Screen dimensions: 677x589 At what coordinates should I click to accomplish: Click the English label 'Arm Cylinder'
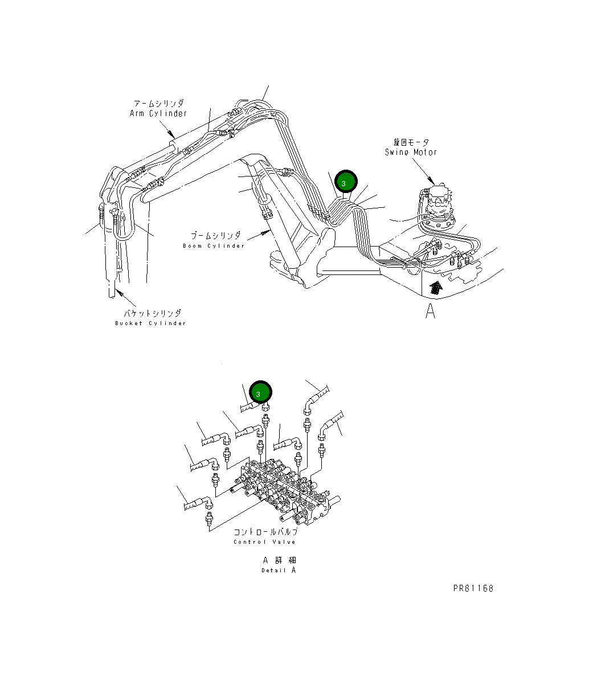(x=158, y=113)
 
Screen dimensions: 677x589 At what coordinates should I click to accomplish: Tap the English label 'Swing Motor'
(x=411, y=152)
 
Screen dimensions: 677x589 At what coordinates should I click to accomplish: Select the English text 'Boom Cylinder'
(x=214, y=246)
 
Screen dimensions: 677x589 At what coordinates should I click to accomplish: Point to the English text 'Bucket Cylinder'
(x=150, y=323)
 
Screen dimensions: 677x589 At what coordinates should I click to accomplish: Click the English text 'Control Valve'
(x=264, y=541)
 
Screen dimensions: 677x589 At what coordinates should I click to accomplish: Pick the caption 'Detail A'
(x=279, y=570)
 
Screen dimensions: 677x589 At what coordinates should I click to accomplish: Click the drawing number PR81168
(x=473, y=588)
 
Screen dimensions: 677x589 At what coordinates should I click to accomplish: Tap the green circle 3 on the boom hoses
(x=345, y=182)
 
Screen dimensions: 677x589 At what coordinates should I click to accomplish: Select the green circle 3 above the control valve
(x=260, y=393)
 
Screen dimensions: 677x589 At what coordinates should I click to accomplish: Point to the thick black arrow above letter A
(x=435, y=287)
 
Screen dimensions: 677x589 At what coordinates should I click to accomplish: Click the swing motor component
(x=437, y=203)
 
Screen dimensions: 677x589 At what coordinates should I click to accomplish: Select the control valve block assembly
(x=285, y=493)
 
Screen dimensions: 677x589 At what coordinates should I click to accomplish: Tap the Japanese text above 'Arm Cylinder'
(x=158, y=104)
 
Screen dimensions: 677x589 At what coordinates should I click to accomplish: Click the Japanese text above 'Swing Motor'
(x=411, y=142)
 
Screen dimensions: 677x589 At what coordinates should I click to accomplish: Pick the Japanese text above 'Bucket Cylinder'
(x=153, y=313)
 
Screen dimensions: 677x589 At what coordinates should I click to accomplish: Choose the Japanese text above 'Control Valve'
(x=265, y=532)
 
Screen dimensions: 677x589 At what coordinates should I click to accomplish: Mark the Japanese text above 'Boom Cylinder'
(x=215, y=236)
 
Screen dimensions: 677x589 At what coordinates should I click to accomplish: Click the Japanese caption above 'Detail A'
(x=279, y=560)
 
